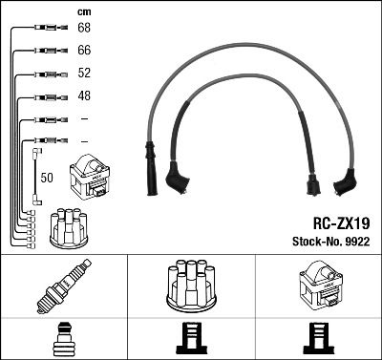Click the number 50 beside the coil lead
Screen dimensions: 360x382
(46, 178)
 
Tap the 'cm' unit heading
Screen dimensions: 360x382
(83, 11)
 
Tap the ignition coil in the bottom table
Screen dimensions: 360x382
(318, 284)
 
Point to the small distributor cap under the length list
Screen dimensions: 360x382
(70, 227)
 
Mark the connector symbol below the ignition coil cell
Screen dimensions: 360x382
(318, 338)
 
